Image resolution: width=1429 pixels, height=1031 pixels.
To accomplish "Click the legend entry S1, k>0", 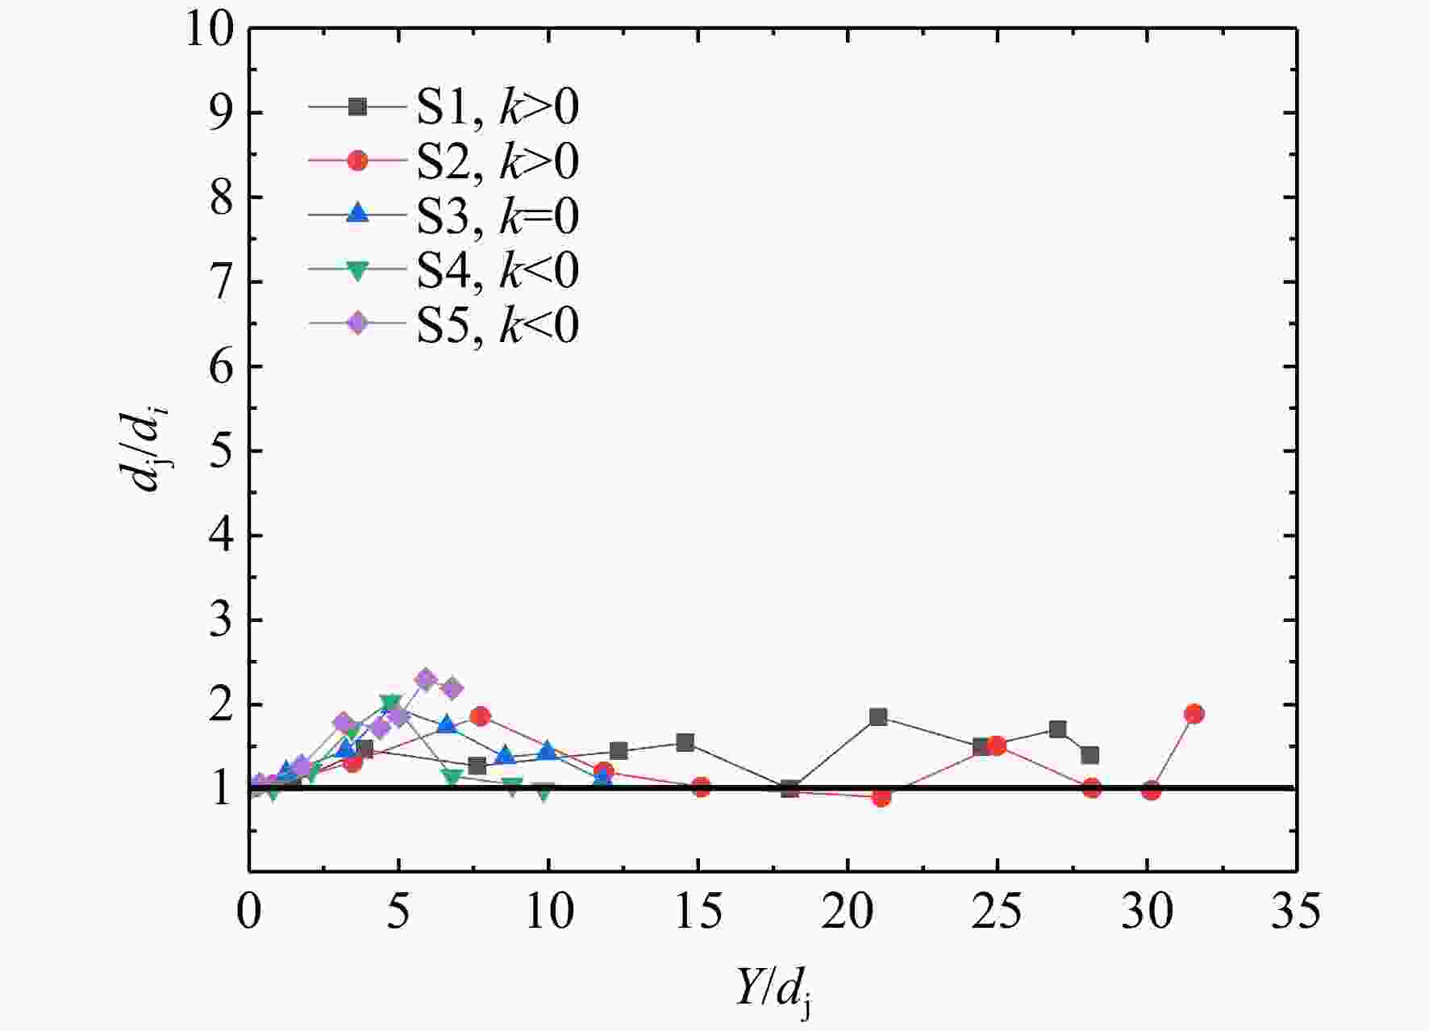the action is click(x=444, y=107).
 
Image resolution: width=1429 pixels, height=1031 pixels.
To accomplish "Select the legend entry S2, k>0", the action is click(x=444, y=161).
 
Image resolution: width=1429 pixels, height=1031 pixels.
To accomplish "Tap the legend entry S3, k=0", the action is click(x=444, y=215).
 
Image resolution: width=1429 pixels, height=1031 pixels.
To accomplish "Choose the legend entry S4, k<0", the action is click(x=444, y=269).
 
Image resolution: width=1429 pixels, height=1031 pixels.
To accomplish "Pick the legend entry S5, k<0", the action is click(x=444, y=324).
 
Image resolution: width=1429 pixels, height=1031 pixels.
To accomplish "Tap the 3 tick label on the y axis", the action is click(x=223, y=620).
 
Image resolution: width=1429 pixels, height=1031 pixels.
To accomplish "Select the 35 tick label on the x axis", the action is click(x=1296, y=911).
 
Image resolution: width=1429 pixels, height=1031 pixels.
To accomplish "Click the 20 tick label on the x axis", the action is click(x=848, y=911).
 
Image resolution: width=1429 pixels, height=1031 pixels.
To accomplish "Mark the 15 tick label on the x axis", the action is click(x=698, y=911).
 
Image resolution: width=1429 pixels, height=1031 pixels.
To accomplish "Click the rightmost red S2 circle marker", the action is click(x=1194, y=714).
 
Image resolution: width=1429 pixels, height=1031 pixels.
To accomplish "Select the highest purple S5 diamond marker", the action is click(x=427, y=679).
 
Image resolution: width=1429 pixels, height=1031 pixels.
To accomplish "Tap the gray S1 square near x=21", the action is click(x=878, y=717).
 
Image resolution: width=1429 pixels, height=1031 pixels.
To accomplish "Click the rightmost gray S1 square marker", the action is click(x=1089, y=755).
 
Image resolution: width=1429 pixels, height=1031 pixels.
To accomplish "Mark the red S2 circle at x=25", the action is click(x=997, y=745).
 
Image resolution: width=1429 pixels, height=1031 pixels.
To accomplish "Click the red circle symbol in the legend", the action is click(x=356, y=161).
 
